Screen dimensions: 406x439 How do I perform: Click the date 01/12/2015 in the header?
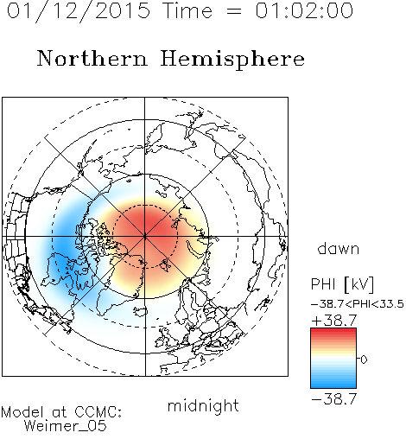click(79, 11)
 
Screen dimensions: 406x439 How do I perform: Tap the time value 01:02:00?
click(304, 10)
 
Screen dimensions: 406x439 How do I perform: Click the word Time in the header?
click(187, 10)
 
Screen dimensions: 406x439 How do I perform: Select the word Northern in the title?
click(92, 58)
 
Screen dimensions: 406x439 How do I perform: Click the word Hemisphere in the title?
click(232, 60)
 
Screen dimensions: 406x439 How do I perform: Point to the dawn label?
click(339, 248)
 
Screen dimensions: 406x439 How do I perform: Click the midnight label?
click(203, 405)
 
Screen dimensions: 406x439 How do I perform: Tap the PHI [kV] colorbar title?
click(342, 284)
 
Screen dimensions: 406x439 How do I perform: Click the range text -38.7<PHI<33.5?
click(358, 304)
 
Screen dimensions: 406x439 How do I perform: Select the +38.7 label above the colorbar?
click(334, 320)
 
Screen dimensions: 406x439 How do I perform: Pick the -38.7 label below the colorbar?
click(334, 399)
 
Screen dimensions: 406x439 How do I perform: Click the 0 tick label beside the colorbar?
click(364, 359)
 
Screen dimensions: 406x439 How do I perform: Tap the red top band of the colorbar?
click(333, 331)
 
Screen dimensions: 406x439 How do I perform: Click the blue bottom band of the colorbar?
click(333, 385)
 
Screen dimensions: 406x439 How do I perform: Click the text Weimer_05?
click(66, 426)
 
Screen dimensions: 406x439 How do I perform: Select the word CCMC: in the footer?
click(98, 412)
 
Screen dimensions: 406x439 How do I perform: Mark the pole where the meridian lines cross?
click(145, 237)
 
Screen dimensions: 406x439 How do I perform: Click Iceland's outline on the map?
click(141, 311)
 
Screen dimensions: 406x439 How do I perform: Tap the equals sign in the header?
click(234, 11)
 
